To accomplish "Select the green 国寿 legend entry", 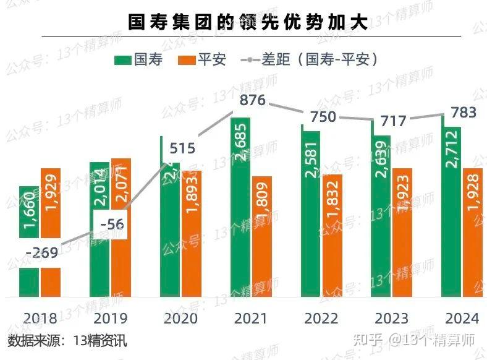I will pos(139,59).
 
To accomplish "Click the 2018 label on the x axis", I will pos(40,319).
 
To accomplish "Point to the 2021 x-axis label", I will pos(251,319).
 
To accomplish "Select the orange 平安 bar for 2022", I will pos(333,235).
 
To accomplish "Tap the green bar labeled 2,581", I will pos(311,210).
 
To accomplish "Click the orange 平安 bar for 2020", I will pos(192,234).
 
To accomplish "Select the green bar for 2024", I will pos(452,210).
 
